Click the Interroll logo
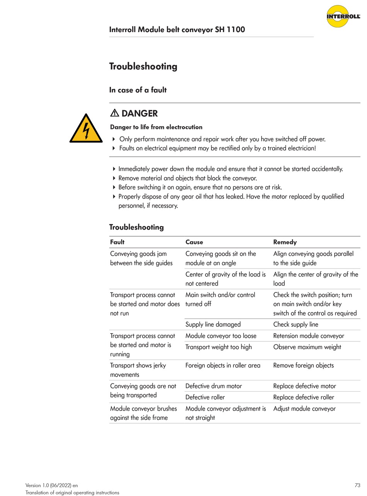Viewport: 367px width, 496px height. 343,16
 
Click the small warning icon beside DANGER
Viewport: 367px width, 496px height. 114,113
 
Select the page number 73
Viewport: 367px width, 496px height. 357,485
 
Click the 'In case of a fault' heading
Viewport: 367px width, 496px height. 138,90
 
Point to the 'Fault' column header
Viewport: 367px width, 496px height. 117,242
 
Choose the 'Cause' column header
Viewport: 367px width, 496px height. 194,242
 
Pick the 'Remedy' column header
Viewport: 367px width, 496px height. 285,242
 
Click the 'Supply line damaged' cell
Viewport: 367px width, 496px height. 213,324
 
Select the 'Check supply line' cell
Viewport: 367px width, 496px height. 296,324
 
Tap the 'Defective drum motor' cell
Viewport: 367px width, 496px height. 214,386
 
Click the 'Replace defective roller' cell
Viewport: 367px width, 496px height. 304,397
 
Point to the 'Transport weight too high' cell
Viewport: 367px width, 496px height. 218,347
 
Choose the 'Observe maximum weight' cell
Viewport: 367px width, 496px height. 307,347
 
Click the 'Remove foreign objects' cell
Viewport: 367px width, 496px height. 303,365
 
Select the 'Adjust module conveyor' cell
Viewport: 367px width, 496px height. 304,409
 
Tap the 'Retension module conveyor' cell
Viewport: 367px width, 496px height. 308,336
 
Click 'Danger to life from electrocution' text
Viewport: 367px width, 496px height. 156,127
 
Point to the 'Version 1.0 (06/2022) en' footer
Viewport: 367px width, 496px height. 51,485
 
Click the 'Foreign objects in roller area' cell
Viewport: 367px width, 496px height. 223,365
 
